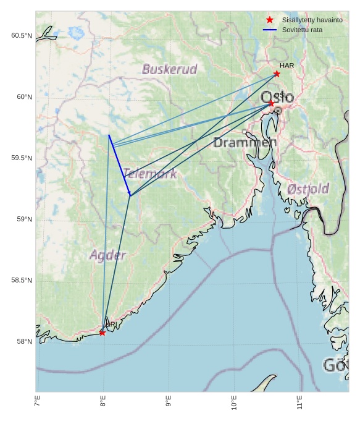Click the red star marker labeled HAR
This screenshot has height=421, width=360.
(x=277, y=74)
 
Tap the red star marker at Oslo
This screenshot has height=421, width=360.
(x=270, y=103)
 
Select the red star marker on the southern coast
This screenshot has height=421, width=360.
(x=102, y=333)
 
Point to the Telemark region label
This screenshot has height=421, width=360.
(x=149, y=174)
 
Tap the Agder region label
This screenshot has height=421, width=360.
(x=107, y=255)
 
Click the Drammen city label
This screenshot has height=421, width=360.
(x=245, y=143)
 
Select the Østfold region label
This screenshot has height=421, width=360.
(x=308, y=189)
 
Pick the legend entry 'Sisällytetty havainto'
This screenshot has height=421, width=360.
(x=312, y=20)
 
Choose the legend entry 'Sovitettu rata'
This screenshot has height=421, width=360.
(x=302, y=30)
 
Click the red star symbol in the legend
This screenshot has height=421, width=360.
(x=269, y=20)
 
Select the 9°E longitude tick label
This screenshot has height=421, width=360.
(x=169, y=402)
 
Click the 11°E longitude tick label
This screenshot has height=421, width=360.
(x=299, y=402)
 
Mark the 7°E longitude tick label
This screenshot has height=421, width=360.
(x=38, y=402)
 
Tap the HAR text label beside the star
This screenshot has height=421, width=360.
(x=287, y=66)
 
